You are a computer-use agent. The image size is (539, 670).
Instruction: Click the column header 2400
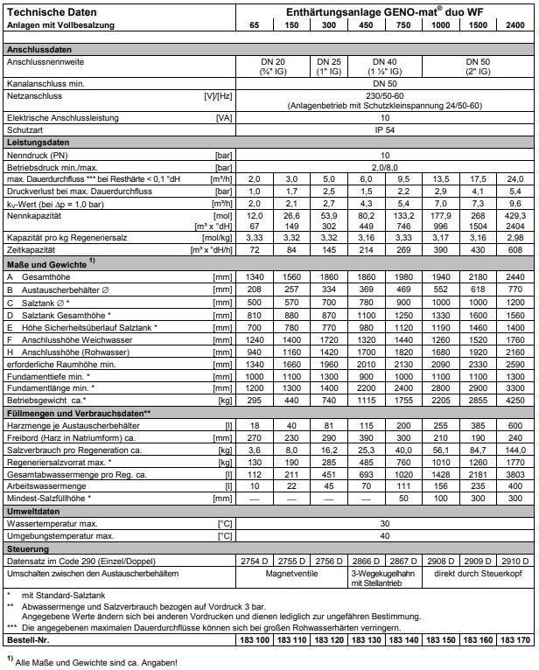coord(516,25)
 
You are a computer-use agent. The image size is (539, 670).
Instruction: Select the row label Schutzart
coord(26,129)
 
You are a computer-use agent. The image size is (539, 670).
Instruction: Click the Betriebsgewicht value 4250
coord(516,399)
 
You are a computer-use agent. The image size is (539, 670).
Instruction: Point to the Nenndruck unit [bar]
coord(225,154)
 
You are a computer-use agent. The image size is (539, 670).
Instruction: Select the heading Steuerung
coord(28,548)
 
